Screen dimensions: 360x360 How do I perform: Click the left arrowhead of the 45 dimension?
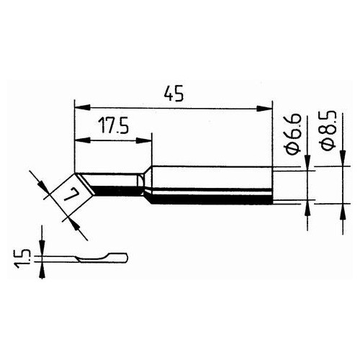(x=80, y=108)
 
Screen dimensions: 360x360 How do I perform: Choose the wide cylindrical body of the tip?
(x=212, y=184)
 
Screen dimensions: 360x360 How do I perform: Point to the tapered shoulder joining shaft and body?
(x=146, y=184)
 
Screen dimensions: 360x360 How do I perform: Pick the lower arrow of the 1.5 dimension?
(x=42, y=266)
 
